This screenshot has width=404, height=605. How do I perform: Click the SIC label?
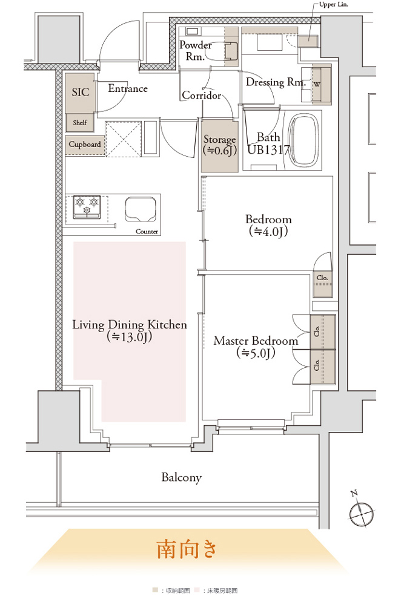pyautogui.click(x=81, y=92)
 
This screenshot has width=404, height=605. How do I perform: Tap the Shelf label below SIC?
pyautogui.click(x=80, y=123)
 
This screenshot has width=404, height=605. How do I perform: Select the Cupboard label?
pyautogui.click(x=85, y=145)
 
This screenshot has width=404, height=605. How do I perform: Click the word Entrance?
pyautogui.click(x=128, y=88)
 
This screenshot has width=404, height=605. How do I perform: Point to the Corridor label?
pyautogui.click(x=202, y=95)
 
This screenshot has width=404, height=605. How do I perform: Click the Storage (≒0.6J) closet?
pyautogui.click(x=219, y=145)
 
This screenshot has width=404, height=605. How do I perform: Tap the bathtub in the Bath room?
pyautogui.click(x=304, y=140)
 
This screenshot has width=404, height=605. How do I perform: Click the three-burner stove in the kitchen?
pyautogui.click(x=87, y=207)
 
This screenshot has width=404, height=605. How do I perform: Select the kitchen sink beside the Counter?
pyautogui.click(x=141, y=209)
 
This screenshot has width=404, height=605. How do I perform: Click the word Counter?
pyautogui.click(x=147, y=232)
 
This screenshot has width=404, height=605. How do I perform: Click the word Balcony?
pyautogui.click(x=182, y=477)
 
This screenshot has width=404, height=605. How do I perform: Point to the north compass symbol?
pyautogui.click(x=361, y=512)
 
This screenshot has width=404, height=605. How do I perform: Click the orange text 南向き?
pyautogui.click(x=186, y=549)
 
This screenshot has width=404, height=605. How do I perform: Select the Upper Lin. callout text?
pyautogui.click(x=333, y=4)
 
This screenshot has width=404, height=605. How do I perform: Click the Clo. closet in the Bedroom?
pyautogui.click(x=322, y=284)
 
